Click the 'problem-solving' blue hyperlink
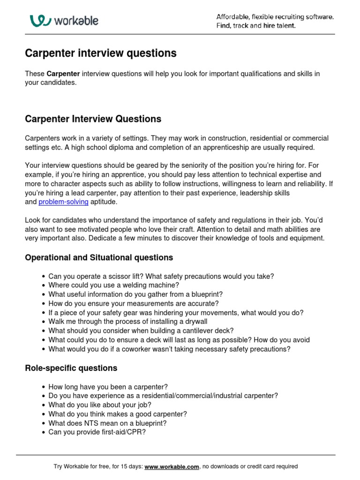click(63, 202)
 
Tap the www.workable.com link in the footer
click(172, 466)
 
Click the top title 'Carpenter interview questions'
click(100, 53)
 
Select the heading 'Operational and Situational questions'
click(98, 258)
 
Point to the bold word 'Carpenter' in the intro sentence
click(63, 74)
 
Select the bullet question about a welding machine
click(113, 285)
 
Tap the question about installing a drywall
click(127, 322)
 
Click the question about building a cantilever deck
click(141, 330)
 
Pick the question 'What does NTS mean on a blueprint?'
click(107, 423)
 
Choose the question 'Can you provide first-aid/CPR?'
click(97, 432)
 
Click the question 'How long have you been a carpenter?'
click(108, 387)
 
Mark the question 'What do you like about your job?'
click(100, 405)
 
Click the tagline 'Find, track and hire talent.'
click(255, 26)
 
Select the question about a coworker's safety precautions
click(169, 349)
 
